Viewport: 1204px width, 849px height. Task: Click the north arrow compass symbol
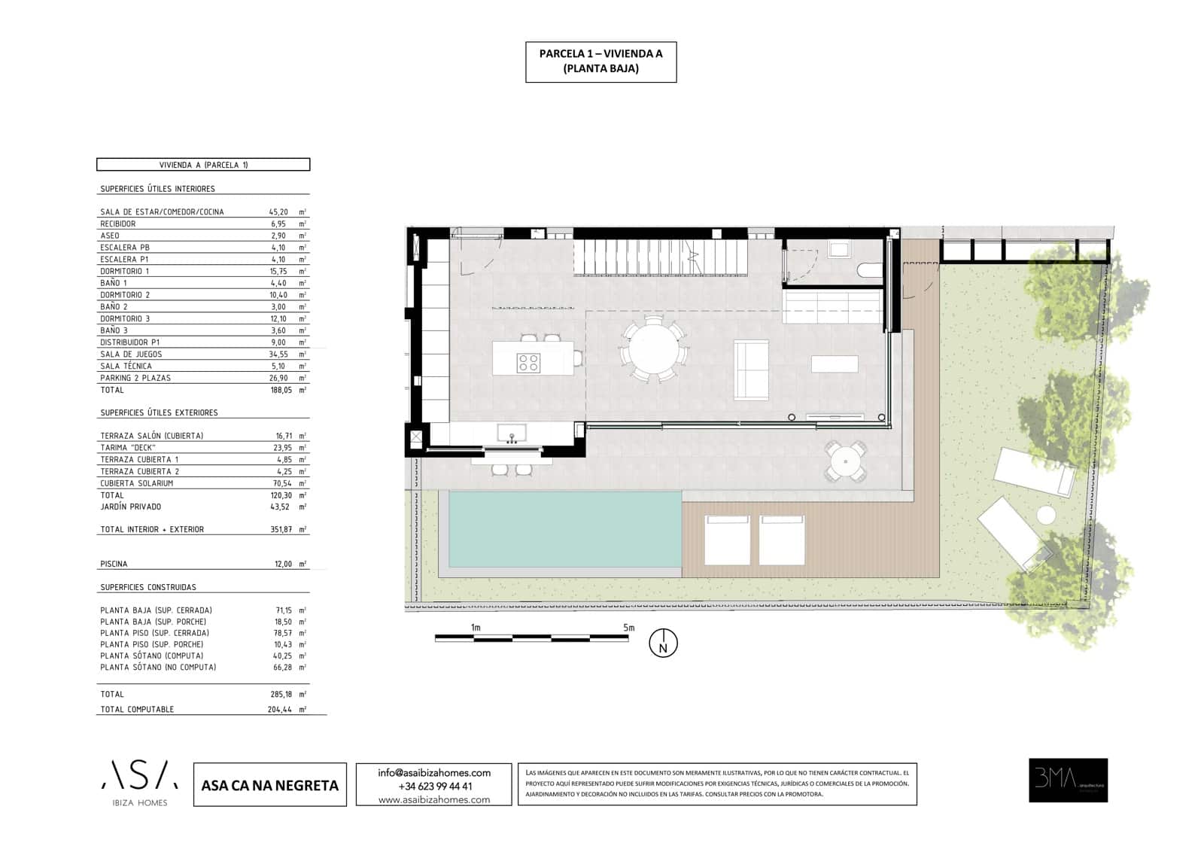[663, 644]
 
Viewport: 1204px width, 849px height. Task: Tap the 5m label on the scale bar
[628, 628]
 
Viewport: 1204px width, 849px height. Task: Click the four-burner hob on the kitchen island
[528, 363]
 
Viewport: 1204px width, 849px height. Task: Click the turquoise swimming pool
[564, 528]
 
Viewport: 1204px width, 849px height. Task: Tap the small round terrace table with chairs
[845, 461]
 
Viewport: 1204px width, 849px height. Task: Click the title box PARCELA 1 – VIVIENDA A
[600, 61]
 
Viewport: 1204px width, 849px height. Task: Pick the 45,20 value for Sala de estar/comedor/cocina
[279, 212]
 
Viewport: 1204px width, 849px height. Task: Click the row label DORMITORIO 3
[125, 318]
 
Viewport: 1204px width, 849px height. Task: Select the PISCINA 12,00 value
[283, 564]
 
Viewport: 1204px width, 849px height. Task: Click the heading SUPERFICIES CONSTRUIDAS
[148, 587]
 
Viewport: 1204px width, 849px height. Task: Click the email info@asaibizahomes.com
[434, 772]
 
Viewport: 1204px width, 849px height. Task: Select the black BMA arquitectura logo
[1068, 780]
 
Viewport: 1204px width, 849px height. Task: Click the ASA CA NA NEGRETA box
[270, 785]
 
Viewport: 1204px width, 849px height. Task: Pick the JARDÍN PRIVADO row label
[131, 507]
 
